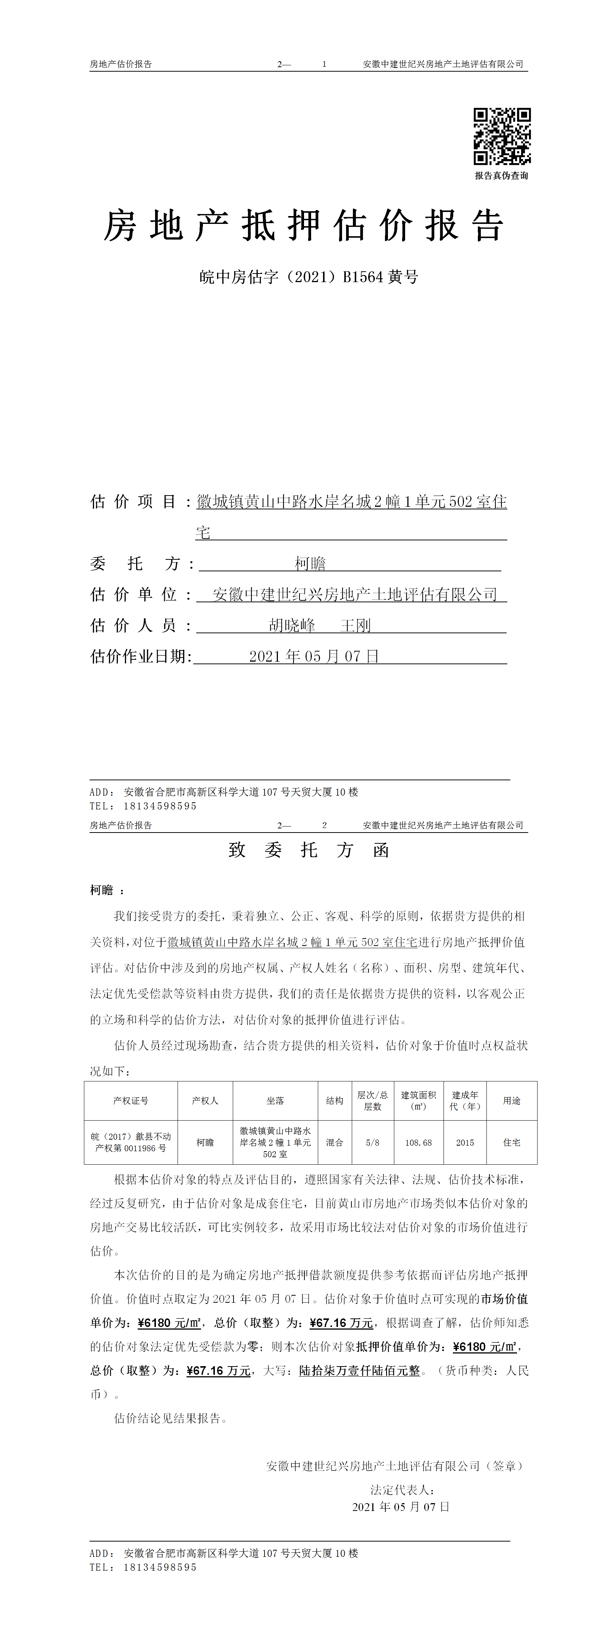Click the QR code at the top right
(x=502, y=136)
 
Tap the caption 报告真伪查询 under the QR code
(x=502, y=176)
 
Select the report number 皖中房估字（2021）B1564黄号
(x=308, y=277)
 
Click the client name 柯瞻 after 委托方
(x=310, y=563)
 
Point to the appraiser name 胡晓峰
(x=292, y=626)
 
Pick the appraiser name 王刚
(x=355, y=626)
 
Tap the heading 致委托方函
(x=308, y=850)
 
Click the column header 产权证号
(x=131, y=1101)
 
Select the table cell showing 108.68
(x=418, y=1143)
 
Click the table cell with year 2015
(x=465, y=1143)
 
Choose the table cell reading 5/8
(x=373, y=1143)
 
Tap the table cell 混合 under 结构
(x=335, y=1143)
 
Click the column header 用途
(x=512, y=1101)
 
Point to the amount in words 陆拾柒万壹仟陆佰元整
(x=359, y=1371)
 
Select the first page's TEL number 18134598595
(x=160, y=806)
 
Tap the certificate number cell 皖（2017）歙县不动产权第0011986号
(x=131, y=1143)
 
